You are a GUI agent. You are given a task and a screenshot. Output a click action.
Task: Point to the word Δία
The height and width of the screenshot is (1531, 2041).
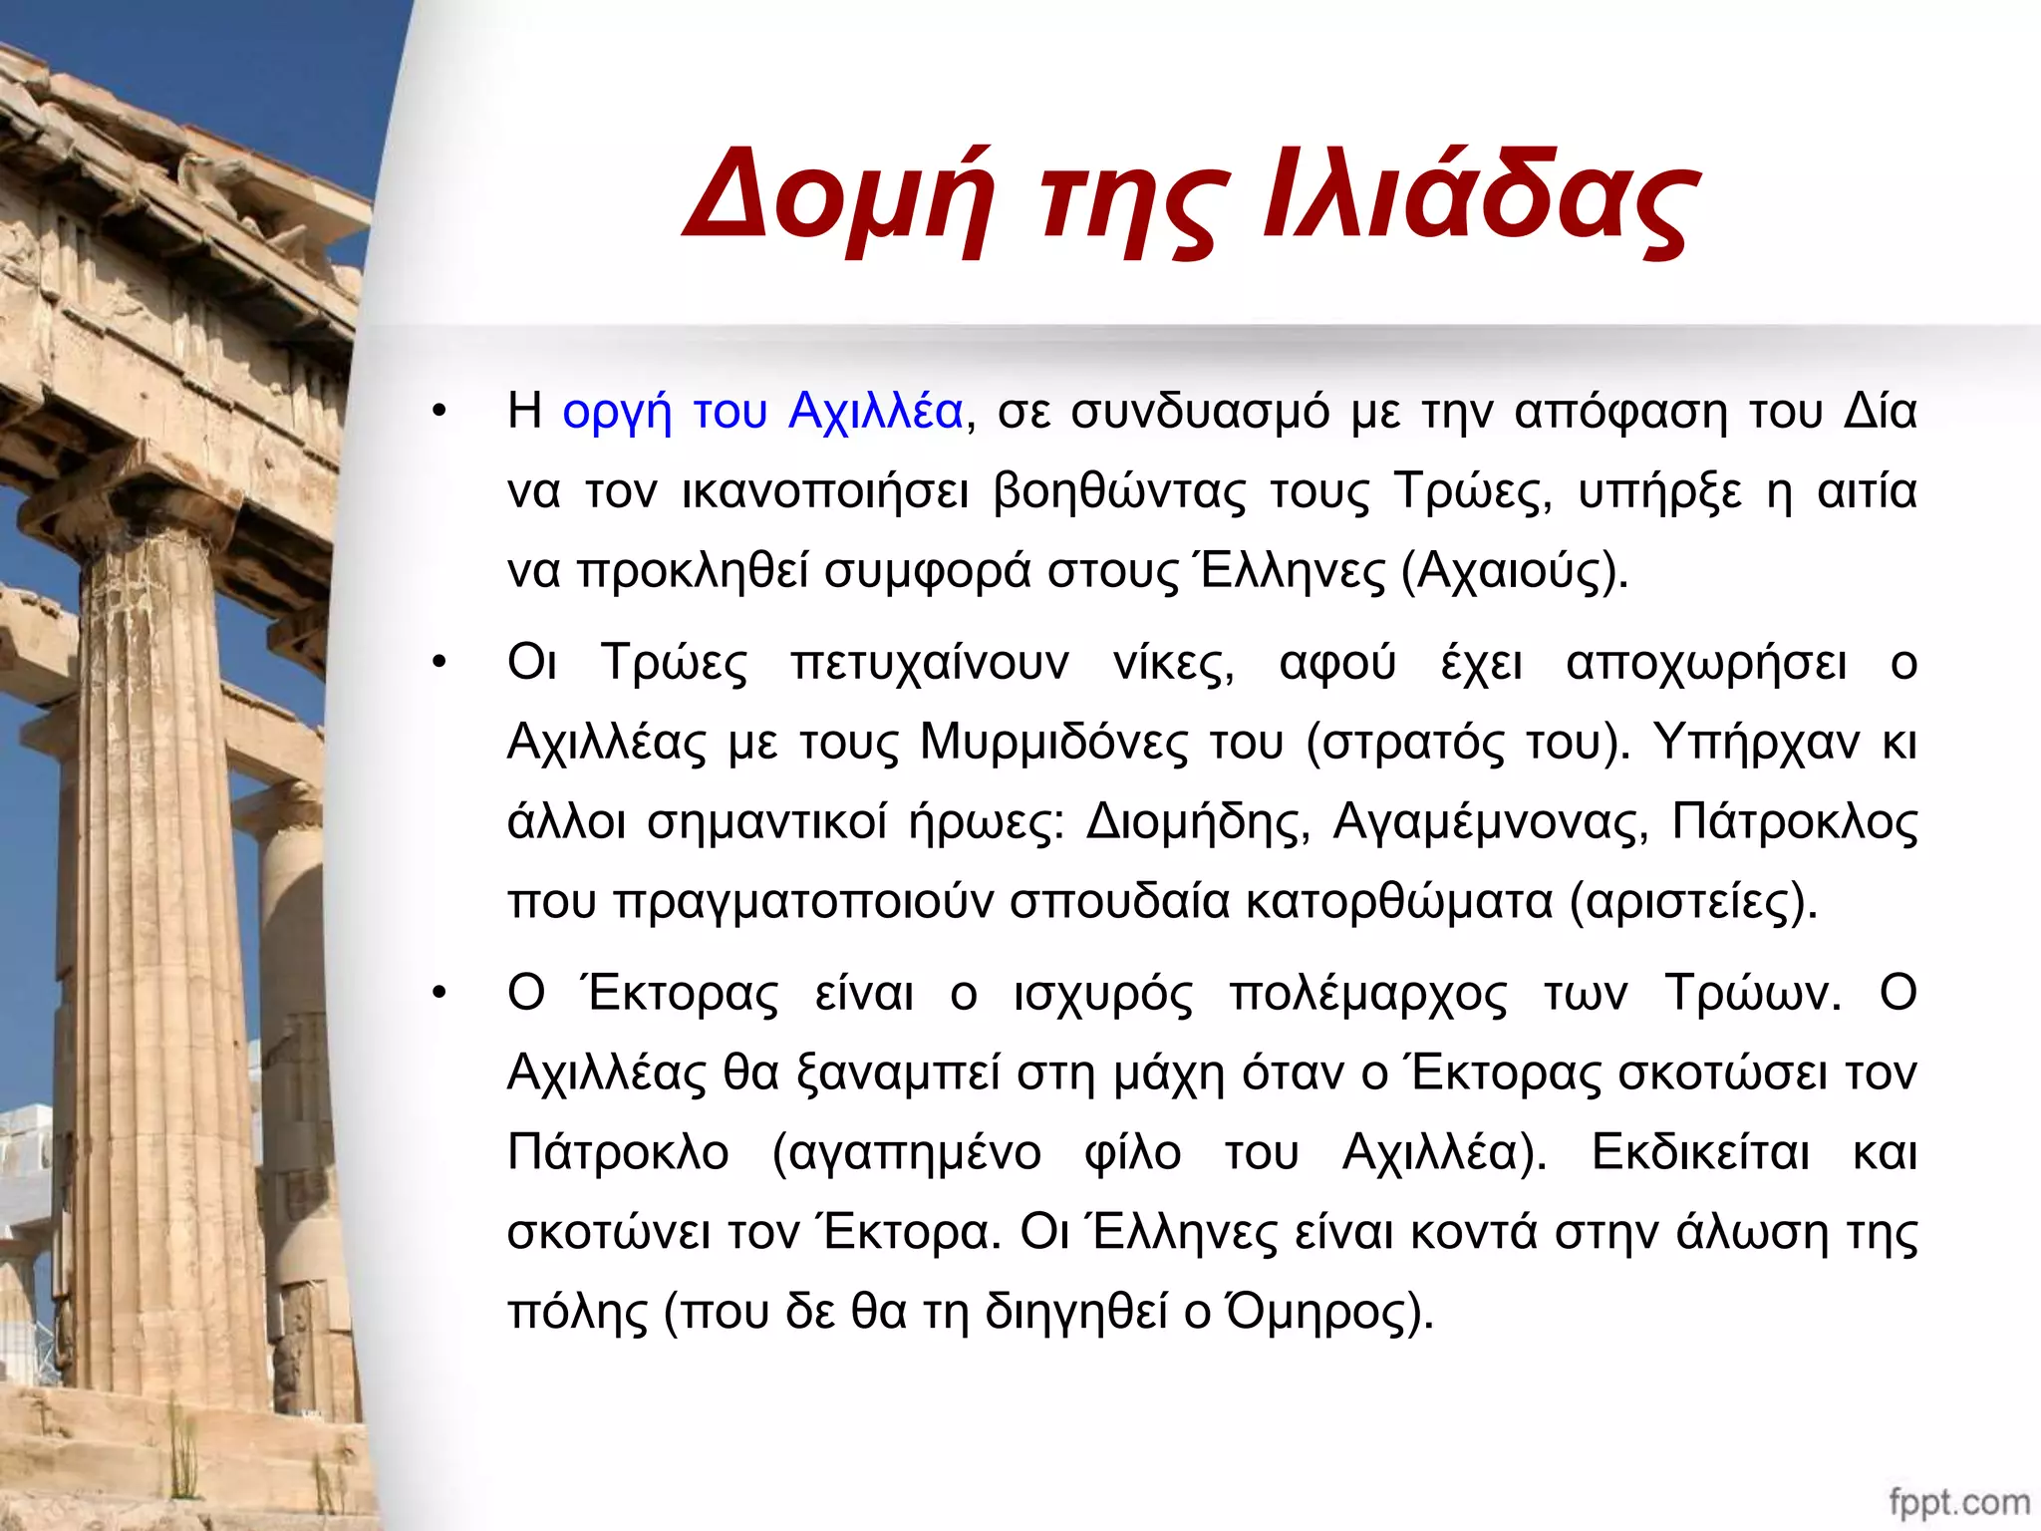1880,411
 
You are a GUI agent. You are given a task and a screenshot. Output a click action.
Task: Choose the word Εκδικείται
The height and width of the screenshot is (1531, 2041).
1700,1153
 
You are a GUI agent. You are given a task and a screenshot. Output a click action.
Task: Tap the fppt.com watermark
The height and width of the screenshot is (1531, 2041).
1958,1502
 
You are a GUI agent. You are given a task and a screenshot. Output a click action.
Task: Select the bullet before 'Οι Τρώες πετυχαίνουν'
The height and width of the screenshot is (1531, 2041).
439,663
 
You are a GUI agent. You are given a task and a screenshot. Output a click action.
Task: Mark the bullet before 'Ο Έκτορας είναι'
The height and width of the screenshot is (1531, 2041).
439,994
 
